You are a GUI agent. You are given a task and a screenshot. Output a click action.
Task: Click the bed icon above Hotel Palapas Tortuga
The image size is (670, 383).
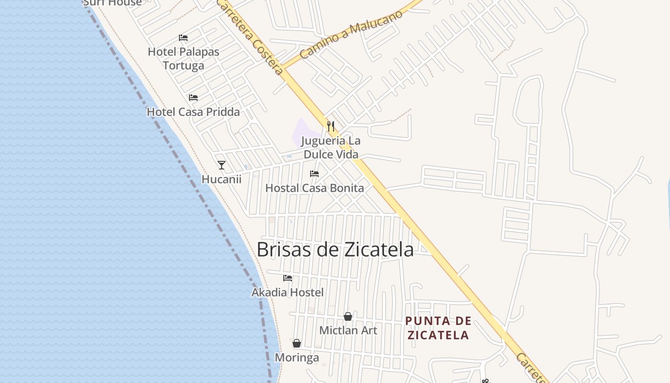coord(183,38)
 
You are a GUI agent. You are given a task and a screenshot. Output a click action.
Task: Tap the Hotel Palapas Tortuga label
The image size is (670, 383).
coord(183,58)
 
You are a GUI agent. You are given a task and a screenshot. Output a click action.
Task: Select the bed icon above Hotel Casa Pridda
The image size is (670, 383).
coord(193,98)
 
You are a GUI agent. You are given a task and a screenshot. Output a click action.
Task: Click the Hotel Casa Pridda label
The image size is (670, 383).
coord(193,112)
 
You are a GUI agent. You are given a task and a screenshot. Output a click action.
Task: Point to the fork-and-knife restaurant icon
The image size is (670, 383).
coord(331,126)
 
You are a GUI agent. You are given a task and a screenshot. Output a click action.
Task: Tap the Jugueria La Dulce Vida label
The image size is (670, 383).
coord(331,147)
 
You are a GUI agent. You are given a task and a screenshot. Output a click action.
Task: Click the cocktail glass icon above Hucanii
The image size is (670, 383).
coord(221,165)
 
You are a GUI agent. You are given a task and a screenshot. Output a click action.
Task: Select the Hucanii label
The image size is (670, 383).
coord(221,180)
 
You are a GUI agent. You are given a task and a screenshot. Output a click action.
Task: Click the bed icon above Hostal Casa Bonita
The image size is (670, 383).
coord(314,174)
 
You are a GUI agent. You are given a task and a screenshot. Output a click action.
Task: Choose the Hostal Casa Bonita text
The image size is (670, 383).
coord(314,188)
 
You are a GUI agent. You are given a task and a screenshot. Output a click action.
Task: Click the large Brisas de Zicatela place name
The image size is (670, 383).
coord(335,249)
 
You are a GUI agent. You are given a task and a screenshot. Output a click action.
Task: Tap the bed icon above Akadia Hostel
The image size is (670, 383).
coord(288,278)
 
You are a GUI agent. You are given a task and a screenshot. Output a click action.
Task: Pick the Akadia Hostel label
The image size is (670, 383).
coord(288,292)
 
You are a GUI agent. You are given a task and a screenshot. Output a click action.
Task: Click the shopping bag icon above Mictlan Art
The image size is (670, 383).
coord(348,316)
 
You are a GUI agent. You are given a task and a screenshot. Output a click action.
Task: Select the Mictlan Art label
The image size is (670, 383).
coord(348,330)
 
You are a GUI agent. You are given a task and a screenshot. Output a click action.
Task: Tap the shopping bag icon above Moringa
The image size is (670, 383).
coord(297,343)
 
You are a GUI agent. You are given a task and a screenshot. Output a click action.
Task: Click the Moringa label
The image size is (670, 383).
coord(297,358)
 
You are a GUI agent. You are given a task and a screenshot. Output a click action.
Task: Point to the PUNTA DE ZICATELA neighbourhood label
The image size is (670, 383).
coord(438,328)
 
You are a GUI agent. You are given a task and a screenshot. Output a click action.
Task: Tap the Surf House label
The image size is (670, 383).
coord(112,3)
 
